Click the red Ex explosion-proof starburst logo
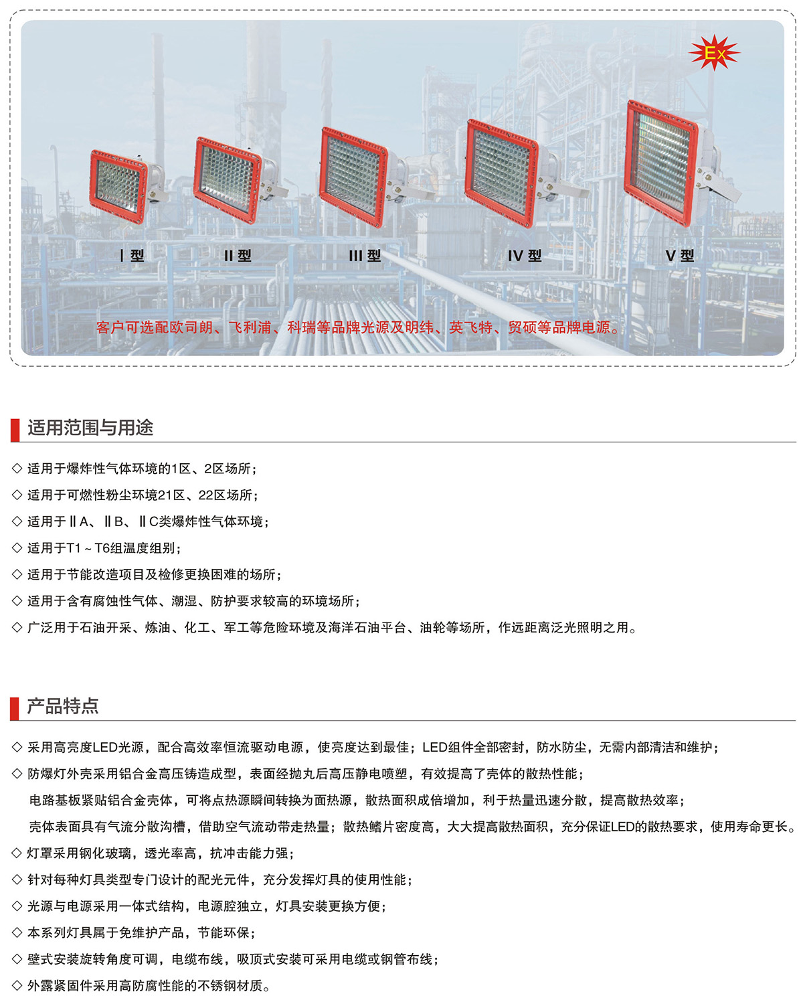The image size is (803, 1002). (x=713, y=53)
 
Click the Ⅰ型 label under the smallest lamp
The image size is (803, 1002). (x=132, y=256)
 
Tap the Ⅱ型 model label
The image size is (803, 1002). (x=238, y=256)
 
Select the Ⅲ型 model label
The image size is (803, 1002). (x=365, y=256)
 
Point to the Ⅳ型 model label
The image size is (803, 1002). (x=524, y=256)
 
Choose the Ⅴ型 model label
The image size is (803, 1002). (x=680, y=256)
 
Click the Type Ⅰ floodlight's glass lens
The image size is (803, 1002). (x=118, y=186)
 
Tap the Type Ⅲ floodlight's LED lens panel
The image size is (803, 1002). (x=353, y=176)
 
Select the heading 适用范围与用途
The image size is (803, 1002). (x=90, y=428)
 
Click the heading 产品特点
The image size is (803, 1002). (x=63, y=706)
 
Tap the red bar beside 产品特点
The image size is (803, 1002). (x=15, y=708)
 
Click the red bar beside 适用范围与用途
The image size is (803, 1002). (x=15, y=430)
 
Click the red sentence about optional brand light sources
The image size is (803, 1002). (x=359, y=328)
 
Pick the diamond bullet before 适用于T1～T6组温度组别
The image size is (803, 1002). (x=17, y=548)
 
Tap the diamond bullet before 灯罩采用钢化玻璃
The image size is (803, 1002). (x=17, y=853)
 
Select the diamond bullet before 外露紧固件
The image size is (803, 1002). (x=17, y=985)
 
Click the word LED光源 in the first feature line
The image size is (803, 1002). (x=118, y=747)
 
